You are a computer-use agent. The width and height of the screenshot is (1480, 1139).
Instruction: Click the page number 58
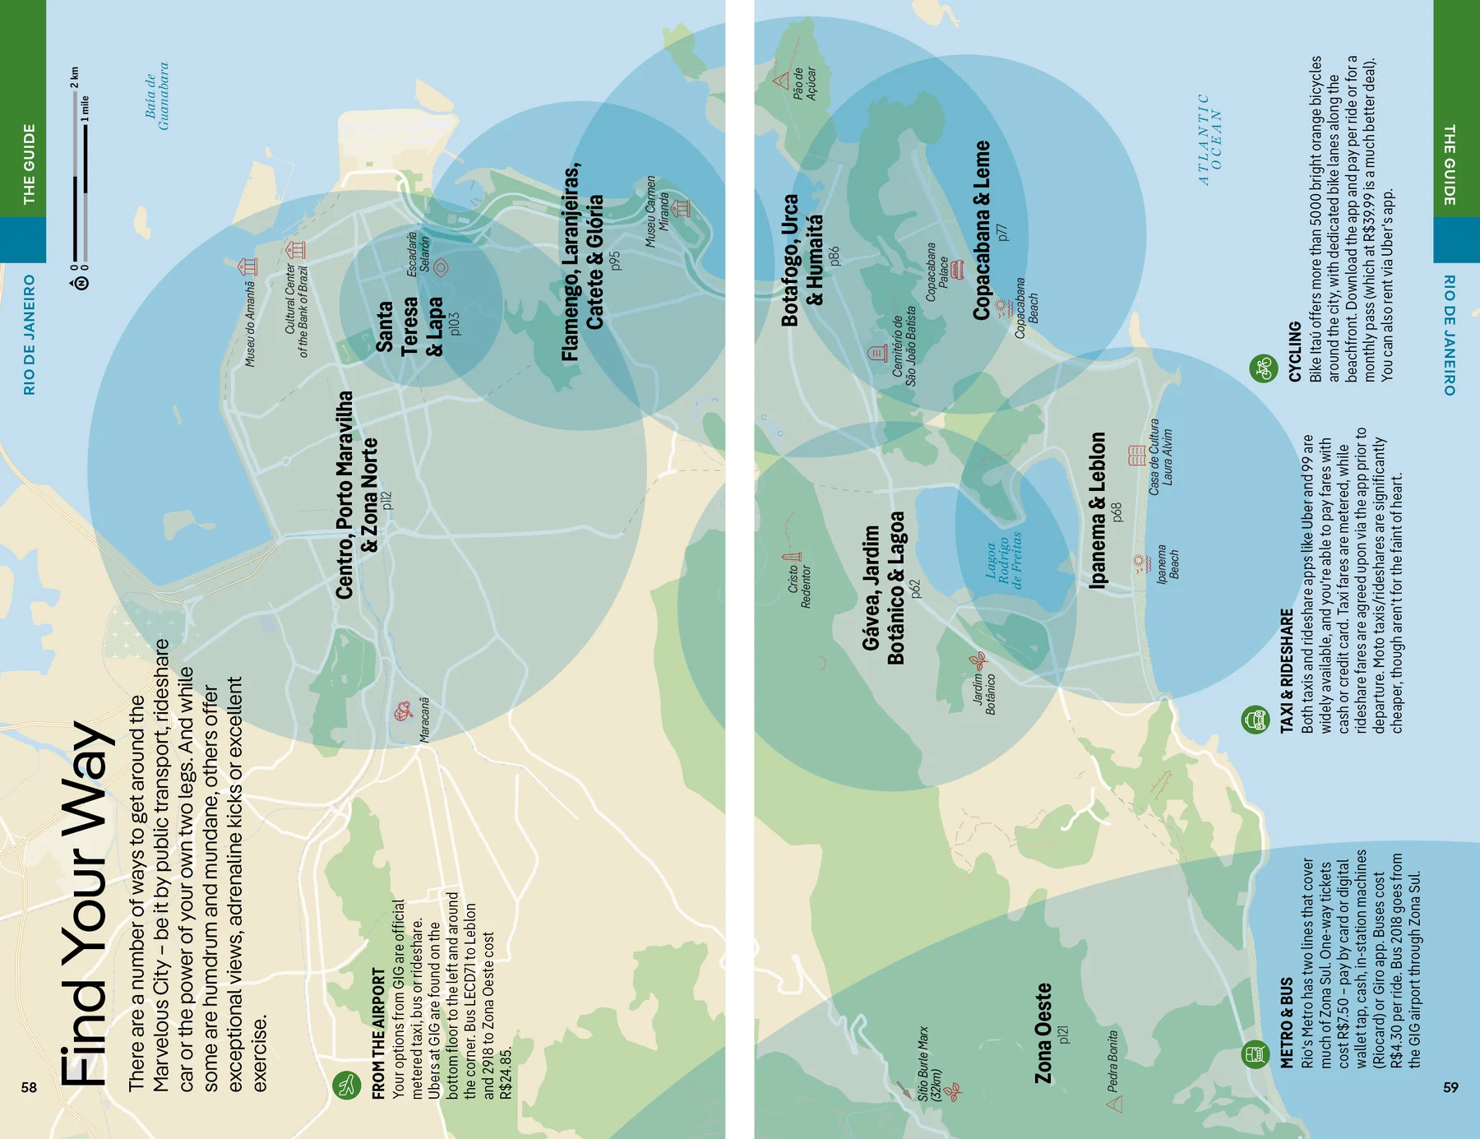(29, 1087)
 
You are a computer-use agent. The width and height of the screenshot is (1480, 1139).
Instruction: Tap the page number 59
(1450, 1087)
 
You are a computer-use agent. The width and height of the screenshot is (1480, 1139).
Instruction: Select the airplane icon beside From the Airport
(347, 1085)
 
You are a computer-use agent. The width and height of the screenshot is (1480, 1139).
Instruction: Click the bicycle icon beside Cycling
(1264, 368)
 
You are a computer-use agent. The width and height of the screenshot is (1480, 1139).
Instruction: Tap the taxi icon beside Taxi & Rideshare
(1254, 720)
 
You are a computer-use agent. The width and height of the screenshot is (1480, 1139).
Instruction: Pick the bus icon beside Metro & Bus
(1254, 1053)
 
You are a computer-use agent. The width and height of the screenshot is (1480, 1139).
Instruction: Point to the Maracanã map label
(424, 720)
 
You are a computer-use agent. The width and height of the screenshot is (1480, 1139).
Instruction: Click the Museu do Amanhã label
(250, 323)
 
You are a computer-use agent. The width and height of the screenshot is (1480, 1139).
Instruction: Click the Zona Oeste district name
(1043, 1033)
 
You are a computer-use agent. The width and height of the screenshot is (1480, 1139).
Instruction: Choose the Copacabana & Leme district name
(982, 230)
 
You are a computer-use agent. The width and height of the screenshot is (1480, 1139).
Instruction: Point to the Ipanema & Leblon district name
(1098, 510)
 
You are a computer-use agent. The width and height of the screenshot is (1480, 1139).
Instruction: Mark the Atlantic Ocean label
(1209, 139)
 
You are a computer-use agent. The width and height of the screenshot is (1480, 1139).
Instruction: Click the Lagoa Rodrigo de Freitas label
(1004, 563)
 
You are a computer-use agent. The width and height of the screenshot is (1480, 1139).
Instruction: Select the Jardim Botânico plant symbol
(977, 660)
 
